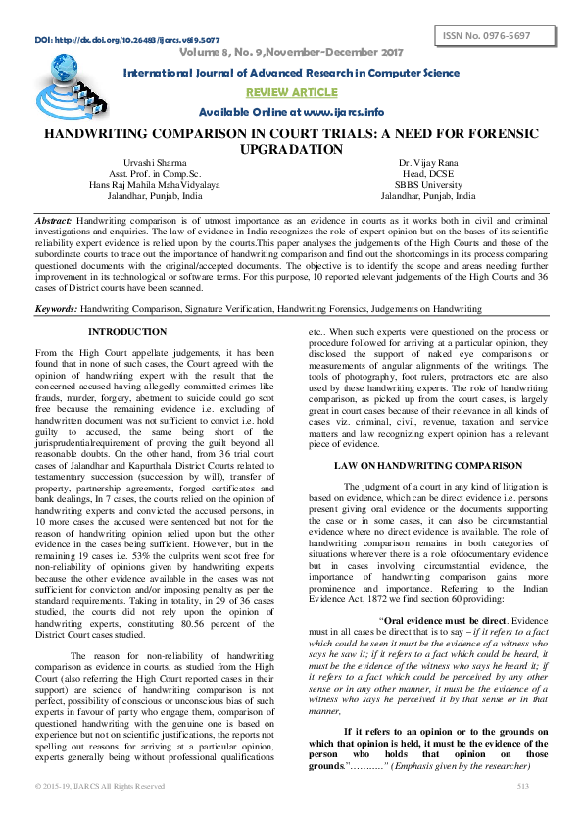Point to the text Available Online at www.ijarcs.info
290,112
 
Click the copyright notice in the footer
100,814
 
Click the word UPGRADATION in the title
291,149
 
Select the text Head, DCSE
425,173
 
